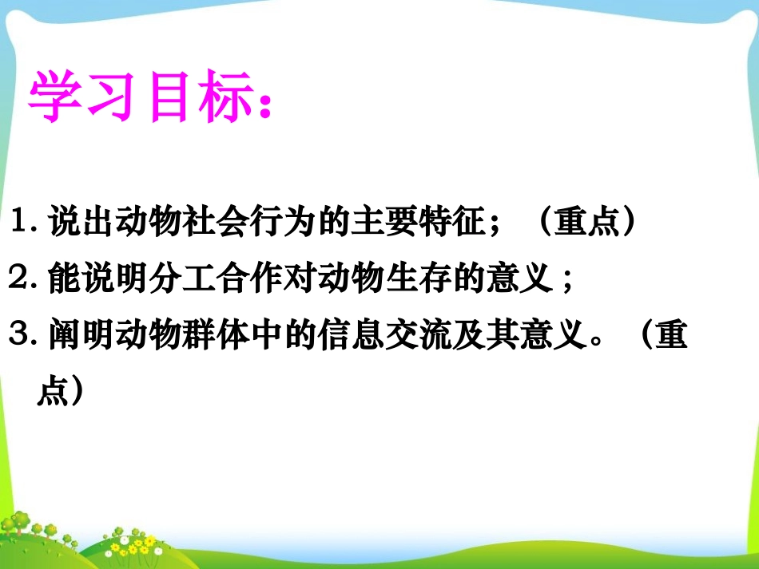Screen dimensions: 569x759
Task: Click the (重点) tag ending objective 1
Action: pyautogui.click(x=588, y=222)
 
